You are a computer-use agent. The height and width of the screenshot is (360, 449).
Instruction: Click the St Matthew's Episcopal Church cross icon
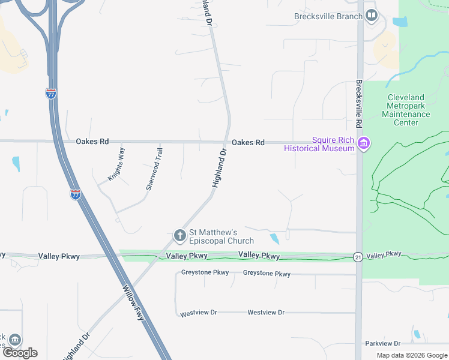pos(179,236)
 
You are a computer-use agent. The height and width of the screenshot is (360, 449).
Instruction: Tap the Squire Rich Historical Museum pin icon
pos(363,144)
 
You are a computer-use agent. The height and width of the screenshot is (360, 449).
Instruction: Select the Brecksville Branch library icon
pos(372,16)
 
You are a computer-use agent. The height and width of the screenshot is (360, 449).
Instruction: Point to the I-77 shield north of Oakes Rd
pos(51,94)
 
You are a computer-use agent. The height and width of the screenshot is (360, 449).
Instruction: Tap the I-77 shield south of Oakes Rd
pos(75,194)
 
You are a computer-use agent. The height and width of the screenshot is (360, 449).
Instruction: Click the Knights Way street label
pos(116,164)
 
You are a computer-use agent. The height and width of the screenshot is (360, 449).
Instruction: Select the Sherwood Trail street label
pos(154,169)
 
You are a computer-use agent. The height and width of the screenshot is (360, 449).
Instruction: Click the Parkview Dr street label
pos(382,343)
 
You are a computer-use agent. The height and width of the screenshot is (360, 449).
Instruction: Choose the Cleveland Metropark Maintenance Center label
pos(406,110)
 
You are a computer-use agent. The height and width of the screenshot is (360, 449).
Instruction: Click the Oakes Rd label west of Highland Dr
pos(92,142)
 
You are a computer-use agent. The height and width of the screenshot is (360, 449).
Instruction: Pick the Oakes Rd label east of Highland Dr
pos(248,142)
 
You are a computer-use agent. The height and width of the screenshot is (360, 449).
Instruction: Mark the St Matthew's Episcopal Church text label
pos(214,236)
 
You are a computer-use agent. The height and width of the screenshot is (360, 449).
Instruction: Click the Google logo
pos(20,353)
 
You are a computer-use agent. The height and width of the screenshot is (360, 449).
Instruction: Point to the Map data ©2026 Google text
pos(412,355)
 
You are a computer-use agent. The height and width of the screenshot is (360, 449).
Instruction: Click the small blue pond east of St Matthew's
pos(274,238)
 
